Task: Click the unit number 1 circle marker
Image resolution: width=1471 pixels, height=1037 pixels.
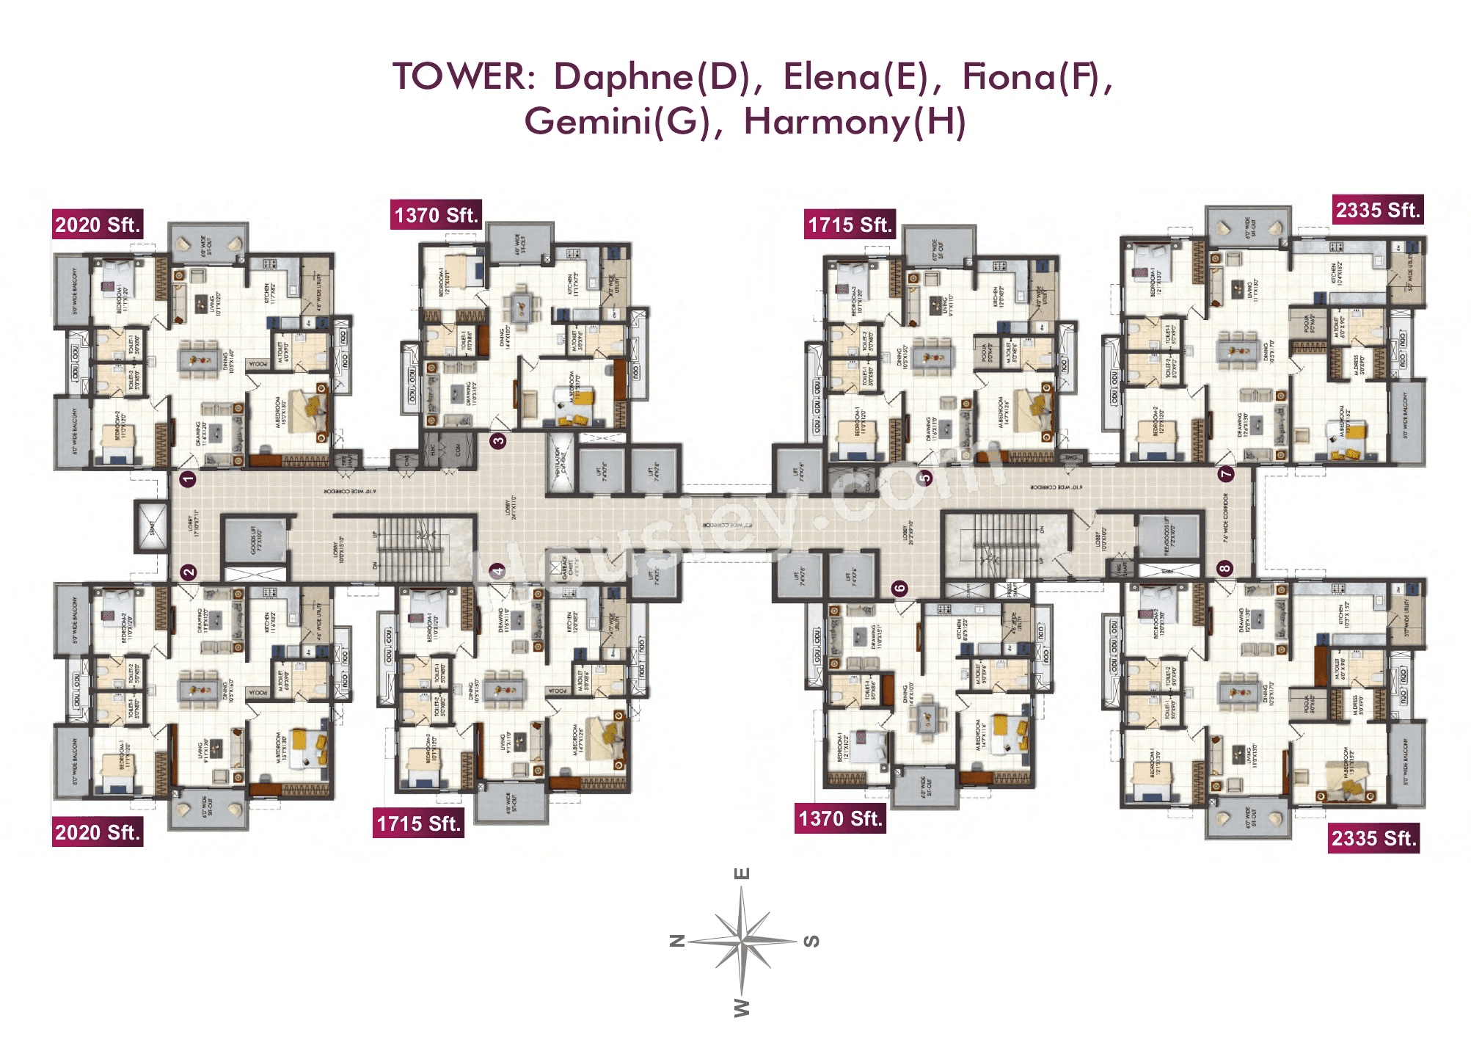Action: pos(188,479)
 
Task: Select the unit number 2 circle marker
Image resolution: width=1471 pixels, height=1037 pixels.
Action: pos(189,572)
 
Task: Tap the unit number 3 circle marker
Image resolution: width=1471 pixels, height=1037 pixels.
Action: pos(498,440)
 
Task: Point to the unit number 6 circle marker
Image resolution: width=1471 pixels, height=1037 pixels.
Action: pos(899,588)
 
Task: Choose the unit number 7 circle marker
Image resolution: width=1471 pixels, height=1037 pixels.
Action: pos(1226,474)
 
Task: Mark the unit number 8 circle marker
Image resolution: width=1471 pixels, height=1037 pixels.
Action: pos(1224,568)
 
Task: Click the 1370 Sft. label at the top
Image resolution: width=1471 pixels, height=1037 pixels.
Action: pos(436,215)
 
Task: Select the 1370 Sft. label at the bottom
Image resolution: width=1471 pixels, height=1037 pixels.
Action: pos(840,818)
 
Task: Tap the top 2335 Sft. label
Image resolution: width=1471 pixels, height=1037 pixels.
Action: pos(1378,210)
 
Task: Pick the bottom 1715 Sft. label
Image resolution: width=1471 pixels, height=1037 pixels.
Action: pos(418,823)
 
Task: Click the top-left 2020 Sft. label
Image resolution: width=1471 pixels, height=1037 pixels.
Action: pos(97,225)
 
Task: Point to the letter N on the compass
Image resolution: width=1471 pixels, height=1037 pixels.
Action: pos(678,940)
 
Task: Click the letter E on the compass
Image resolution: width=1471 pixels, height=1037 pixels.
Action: pos(742,873)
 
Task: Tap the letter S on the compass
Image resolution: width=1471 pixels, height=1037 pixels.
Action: pos(811,941)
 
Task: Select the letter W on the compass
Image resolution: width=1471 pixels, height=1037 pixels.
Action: pos(742,1007)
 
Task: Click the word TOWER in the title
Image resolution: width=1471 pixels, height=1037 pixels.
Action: pos(464,77)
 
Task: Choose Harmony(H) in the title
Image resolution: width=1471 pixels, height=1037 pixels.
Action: pos(855,122)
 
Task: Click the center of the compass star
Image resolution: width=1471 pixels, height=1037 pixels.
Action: pos(742,940)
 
